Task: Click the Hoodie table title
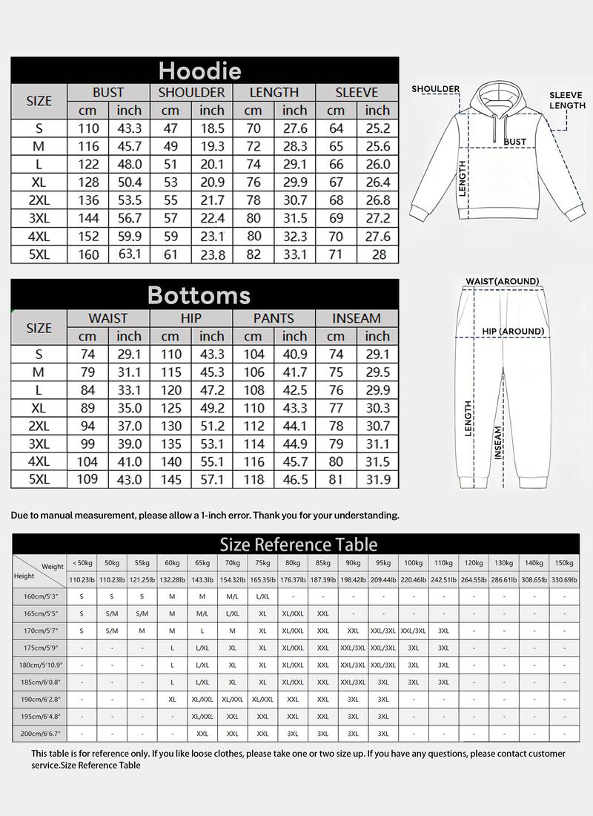pyautogui.click(x=200, y=70)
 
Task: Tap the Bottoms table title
pyautogui.click(x=199, y=295)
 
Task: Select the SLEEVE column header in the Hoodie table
pyautogui.click(x=357, y=93)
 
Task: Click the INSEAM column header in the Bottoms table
pyautogui.click(x=357, y=318)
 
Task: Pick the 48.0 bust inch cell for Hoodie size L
pyautogui.click(x=129, y=165)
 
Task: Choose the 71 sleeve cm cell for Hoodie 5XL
pyautogui.click(x=336, y=254)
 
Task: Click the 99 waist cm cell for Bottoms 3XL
pyautogui.click(x=87, y=444)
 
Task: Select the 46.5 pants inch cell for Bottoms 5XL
pyautogui.click(x=294, y=479)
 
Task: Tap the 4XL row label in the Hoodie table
pyautogui.click(x=39, y=237)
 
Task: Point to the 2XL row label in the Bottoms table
pyautogui.click(x=39, y=426)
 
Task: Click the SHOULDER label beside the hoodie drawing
pyautogui.click(x=436, y=89)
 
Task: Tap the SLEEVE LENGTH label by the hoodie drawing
pyautogui.click(x=567, y=100)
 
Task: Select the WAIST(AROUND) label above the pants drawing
pyautogui.click(x=502, y=281)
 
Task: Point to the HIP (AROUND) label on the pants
pyautogui.click(x=513, y=331)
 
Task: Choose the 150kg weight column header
pyautogui.click(x=564, y=563)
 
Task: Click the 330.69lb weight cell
pyautogui.click(x=564, y=579)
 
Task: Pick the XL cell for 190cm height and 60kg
pyautogui.click(x=172, y=699)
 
